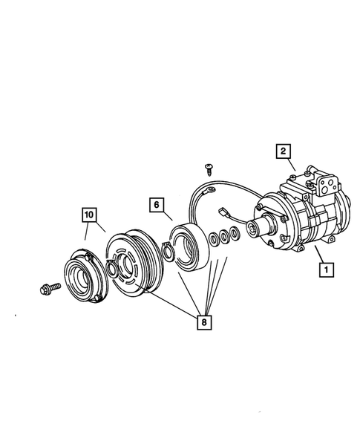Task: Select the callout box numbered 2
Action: pos(283,151)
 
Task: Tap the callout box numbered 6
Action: pos(157,203)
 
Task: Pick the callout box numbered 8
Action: pos(201,322)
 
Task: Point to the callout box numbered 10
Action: pos(89,216)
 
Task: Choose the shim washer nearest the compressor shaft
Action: pos(235,234)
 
